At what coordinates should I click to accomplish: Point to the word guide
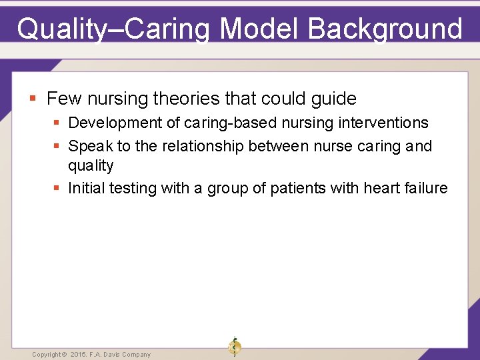(x=333, y=99)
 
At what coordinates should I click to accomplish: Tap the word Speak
(x=90, y=146)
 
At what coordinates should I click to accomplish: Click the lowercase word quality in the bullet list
(x=91, y=165)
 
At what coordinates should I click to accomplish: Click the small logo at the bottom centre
(x=234, y=346)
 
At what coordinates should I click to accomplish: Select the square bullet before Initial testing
(x=57, y=189)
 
